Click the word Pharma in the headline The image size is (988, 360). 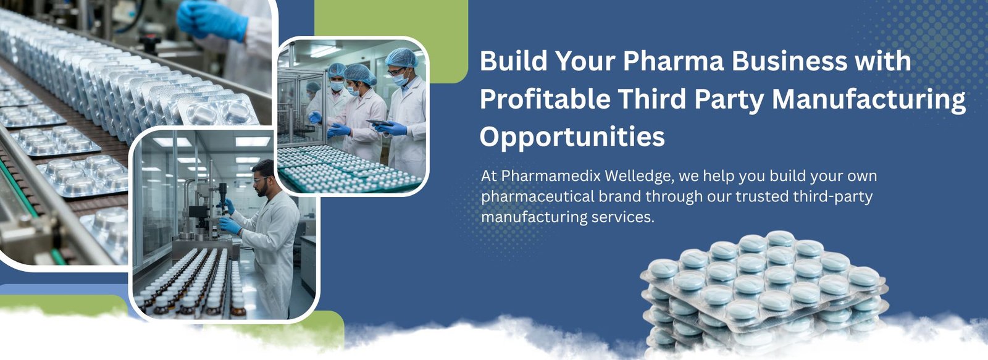point(674,61)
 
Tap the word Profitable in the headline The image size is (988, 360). point(545,99)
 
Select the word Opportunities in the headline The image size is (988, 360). point(572,137)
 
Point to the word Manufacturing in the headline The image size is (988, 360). point(868,99)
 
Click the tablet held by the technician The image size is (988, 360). point(379,123)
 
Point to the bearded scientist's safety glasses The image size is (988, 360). point(261,178)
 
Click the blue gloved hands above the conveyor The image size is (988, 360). point(212,20)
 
